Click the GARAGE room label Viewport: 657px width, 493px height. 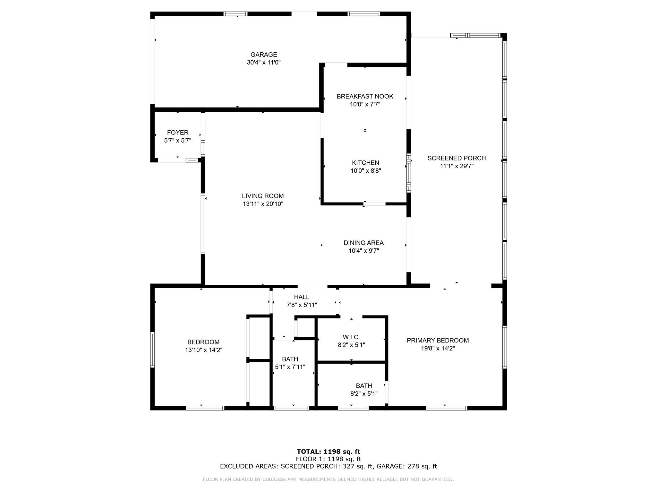(x=264, y=55)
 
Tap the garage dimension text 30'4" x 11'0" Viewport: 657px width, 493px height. (x=264, y=63)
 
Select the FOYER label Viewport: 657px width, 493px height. (x=178, y=133)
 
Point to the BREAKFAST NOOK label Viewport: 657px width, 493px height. (x=365, y=96)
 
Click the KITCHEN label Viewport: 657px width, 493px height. (x=365, y=163)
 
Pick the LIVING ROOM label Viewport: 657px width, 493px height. (x=263, y=196)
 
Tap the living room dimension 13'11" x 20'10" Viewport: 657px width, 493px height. (x=263, y=204)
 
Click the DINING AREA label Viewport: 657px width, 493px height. (x=363, y=243)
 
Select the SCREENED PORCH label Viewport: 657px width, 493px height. (x=456, y=158)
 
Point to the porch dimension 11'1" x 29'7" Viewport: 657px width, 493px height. (x=457, y=166)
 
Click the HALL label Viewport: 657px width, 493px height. (x=302, y=297)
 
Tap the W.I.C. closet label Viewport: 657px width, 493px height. (x=351, y=337)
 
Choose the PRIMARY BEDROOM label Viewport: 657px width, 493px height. (x=438, y=341)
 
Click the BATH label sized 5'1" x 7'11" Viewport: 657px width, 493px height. (x=290, y=359)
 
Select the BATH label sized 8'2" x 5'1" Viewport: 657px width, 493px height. (x=364, y=386)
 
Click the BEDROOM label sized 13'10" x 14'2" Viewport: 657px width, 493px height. (x=203, y=342)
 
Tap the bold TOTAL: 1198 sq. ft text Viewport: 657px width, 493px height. (x=328, y=452)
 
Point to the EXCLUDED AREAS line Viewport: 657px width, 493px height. (x=328, y=466)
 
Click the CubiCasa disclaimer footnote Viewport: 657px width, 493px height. (x=328, y=480)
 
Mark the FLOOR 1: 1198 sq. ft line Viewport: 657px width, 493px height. (x=328, y=459)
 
